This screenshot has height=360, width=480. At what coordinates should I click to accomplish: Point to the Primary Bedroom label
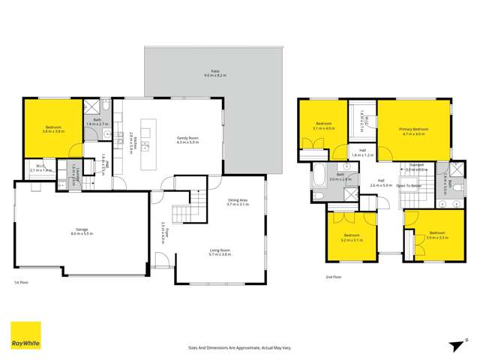click(413, 131)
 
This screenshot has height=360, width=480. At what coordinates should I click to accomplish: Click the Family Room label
click(187, 139)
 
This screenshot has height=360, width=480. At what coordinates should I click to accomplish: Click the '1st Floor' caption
click(22, 282)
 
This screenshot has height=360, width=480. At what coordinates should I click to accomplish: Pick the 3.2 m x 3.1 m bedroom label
click(351, 238)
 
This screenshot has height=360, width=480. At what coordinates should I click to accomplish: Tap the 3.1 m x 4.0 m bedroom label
click(323, 125)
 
